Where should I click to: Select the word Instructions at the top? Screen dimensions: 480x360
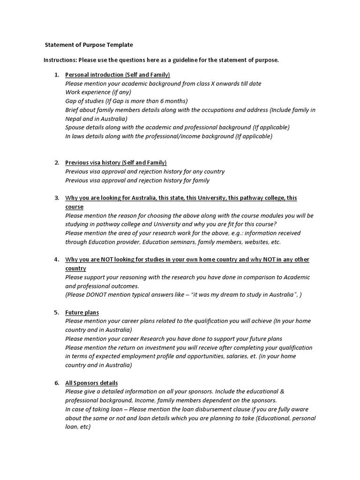tap(60, 60)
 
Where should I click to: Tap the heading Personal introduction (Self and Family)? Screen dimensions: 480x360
tap(117, 75)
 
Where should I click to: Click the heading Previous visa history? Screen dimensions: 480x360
tap(116, 163)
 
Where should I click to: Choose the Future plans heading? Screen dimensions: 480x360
tap(82, 312)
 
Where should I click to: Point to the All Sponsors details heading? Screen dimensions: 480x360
tap(91, 383)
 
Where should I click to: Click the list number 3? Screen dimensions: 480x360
tap(56, 198)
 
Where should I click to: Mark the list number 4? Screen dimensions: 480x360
tap(56, 260)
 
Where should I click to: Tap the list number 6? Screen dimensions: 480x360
tap(56, 383)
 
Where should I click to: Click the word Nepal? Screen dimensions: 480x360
tap(74, 119)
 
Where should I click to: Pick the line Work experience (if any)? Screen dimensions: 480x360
tap(98, 92)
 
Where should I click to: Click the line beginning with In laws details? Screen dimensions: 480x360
tap(169, 136)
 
